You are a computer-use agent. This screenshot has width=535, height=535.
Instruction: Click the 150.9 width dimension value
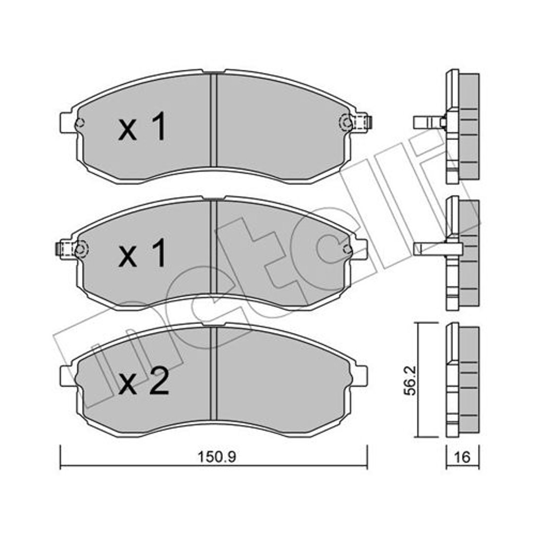click(x=217, y=457)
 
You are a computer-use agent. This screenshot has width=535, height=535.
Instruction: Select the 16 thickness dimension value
click(x=463, y=457)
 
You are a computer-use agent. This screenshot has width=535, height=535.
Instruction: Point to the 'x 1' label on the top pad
click(x=142, y=127)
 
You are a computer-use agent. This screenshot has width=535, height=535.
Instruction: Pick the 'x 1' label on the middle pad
click(x=142, y=253)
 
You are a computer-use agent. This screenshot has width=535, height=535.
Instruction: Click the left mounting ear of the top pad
click(x=67, y=122)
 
